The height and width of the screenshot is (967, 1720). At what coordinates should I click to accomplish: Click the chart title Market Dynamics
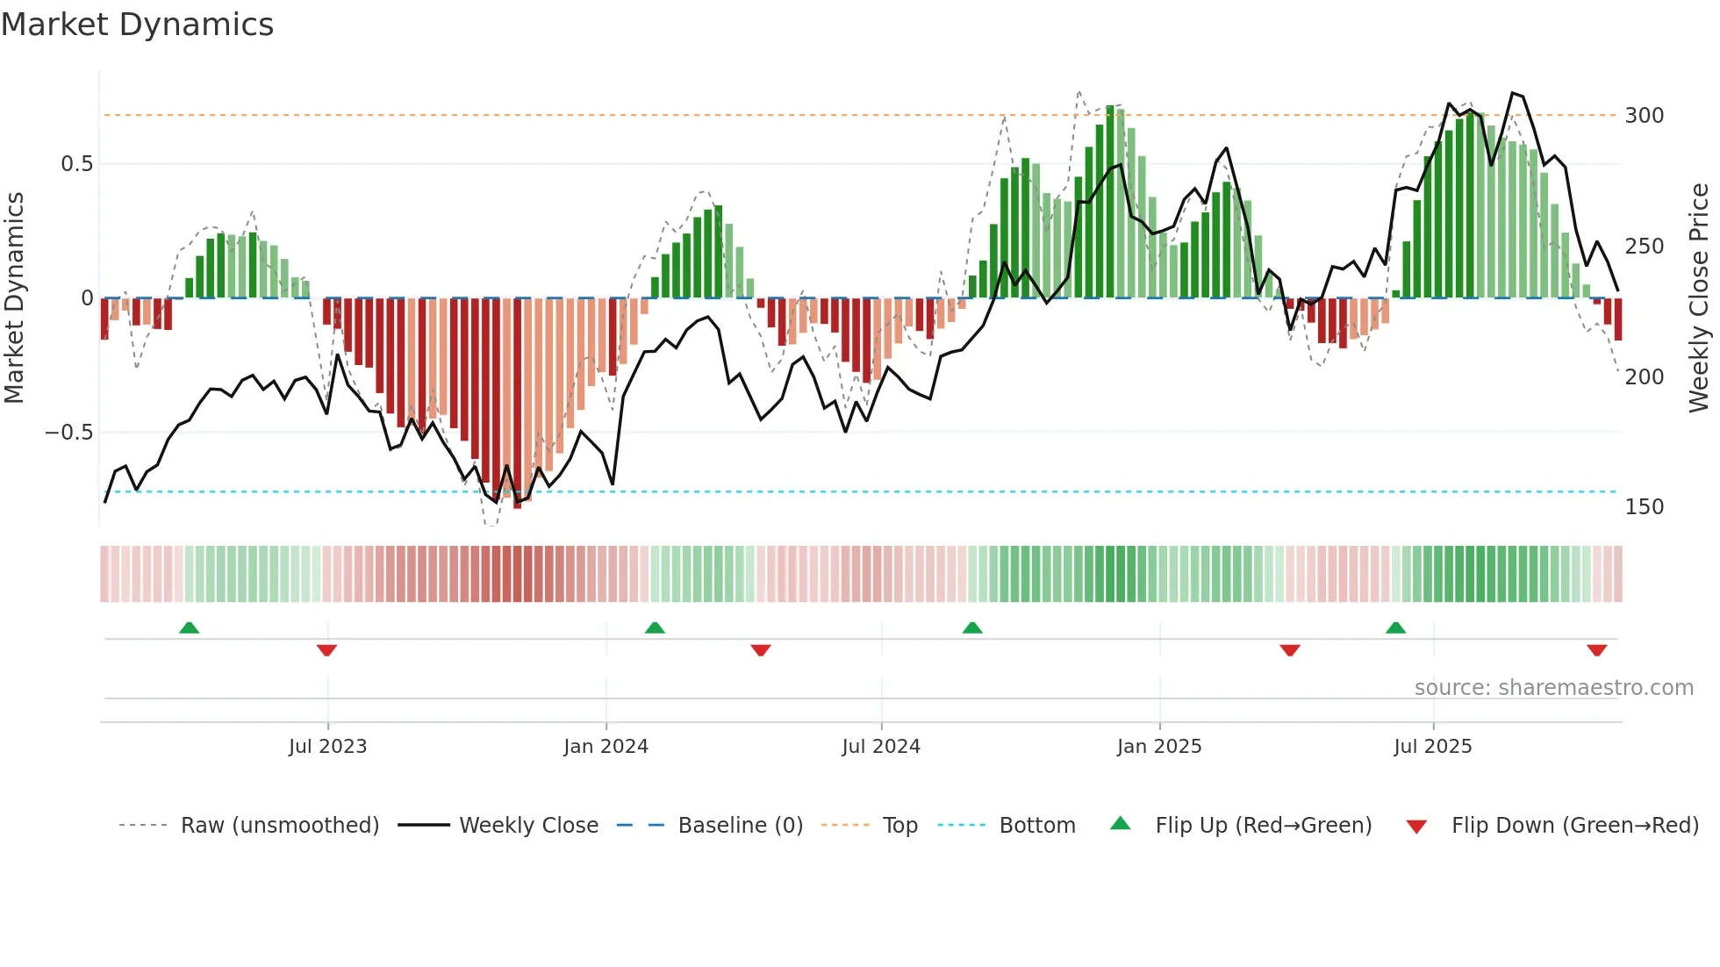(137, 25)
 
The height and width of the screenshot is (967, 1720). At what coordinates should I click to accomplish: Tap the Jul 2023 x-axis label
(327, 747)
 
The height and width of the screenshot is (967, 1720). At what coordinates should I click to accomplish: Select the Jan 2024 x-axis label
(606, 747)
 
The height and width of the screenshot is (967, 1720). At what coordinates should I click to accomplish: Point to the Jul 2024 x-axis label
(881, 747)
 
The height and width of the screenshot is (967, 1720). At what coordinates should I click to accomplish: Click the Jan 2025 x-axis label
(1159, 747)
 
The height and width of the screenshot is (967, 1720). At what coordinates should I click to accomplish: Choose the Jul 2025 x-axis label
(1433, 747)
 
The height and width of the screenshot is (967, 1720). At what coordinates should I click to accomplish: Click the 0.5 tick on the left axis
(76, 164)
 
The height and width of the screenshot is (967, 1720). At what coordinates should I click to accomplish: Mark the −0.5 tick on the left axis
(69, 433)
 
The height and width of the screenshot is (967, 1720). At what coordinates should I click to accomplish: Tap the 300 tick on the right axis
(1645, 116)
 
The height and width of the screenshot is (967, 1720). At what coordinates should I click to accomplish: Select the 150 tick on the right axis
(1645, 507)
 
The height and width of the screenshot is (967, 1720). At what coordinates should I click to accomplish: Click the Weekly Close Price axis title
(1699, 298)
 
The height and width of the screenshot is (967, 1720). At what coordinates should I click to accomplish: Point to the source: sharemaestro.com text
(1553, 688)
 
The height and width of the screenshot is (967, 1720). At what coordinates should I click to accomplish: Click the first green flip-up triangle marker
(189, 627)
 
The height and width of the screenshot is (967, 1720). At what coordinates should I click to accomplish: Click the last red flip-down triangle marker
(1596, 650)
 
